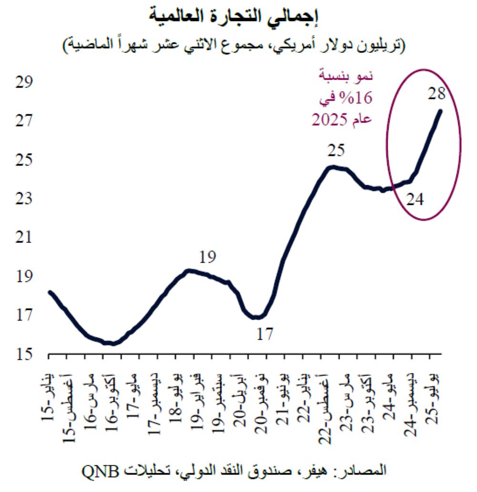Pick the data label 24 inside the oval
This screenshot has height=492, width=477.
click(x=415, y=199)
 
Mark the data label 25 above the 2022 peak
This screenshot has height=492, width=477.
click(x=336, y=151)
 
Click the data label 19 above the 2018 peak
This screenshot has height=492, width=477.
click(x=207, y=258)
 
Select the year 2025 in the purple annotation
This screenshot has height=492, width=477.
click(x=330, y=120)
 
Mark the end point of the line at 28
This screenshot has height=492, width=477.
click(x=440, y=111)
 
